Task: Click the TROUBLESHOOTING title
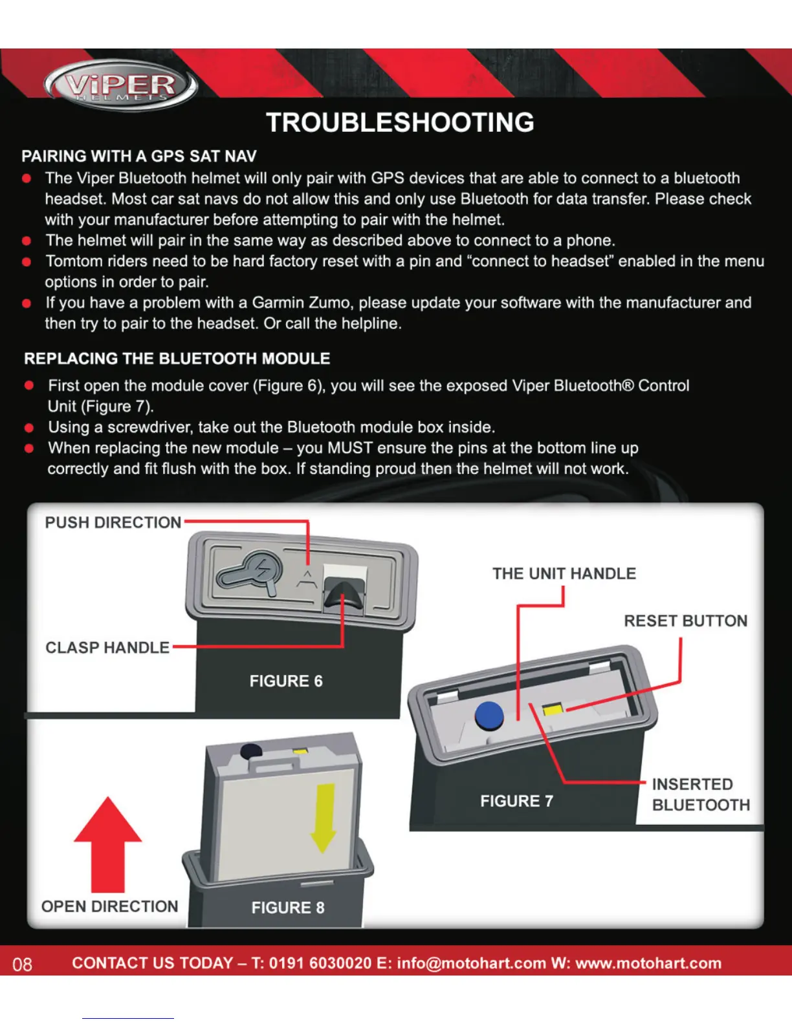coord(400,123)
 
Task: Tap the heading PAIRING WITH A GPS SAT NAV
coord(139,156)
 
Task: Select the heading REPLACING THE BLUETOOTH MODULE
coord(177,359)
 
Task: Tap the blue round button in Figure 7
coord(489,716)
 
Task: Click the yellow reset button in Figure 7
coord(552,710)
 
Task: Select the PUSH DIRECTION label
coord(113,522)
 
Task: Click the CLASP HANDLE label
coord(107,648)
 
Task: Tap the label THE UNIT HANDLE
coord(564,574)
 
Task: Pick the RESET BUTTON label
coord(685,621)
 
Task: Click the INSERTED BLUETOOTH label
coord(700,795)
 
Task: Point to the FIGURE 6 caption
coord(286,681)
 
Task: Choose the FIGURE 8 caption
coord(288,908)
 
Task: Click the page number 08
coord(22,965)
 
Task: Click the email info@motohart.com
coord(471,963)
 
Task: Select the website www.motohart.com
coord(648,963)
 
